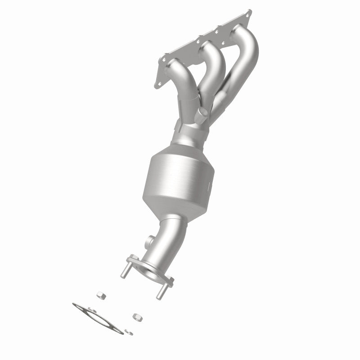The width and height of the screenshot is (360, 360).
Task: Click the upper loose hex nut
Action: click(100, 295)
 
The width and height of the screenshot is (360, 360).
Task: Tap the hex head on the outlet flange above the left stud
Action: click(131, 259)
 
